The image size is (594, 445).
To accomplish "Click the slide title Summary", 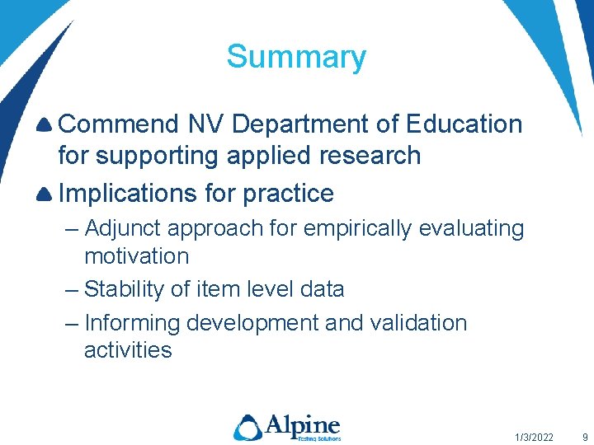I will click(296, 57).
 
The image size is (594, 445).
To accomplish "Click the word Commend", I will click(119, 124).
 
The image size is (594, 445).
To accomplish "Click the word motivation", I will click(136, 256).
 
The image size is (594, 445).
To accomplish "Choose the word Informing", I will click(133, 323).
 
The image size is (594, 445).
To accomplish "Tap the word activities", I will click(128, 350).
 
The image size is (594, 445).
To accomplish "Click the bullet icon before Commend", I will click(45, 125).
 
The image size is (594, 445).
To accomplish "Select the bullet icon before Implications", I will click(45, 194).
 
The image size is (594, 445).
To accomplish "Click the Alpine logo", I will click(286, 427).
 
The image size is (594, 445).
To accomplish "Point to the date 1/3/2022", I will click(534, 437).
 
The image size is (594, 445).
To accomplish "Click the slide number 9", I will click(584, 437).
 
